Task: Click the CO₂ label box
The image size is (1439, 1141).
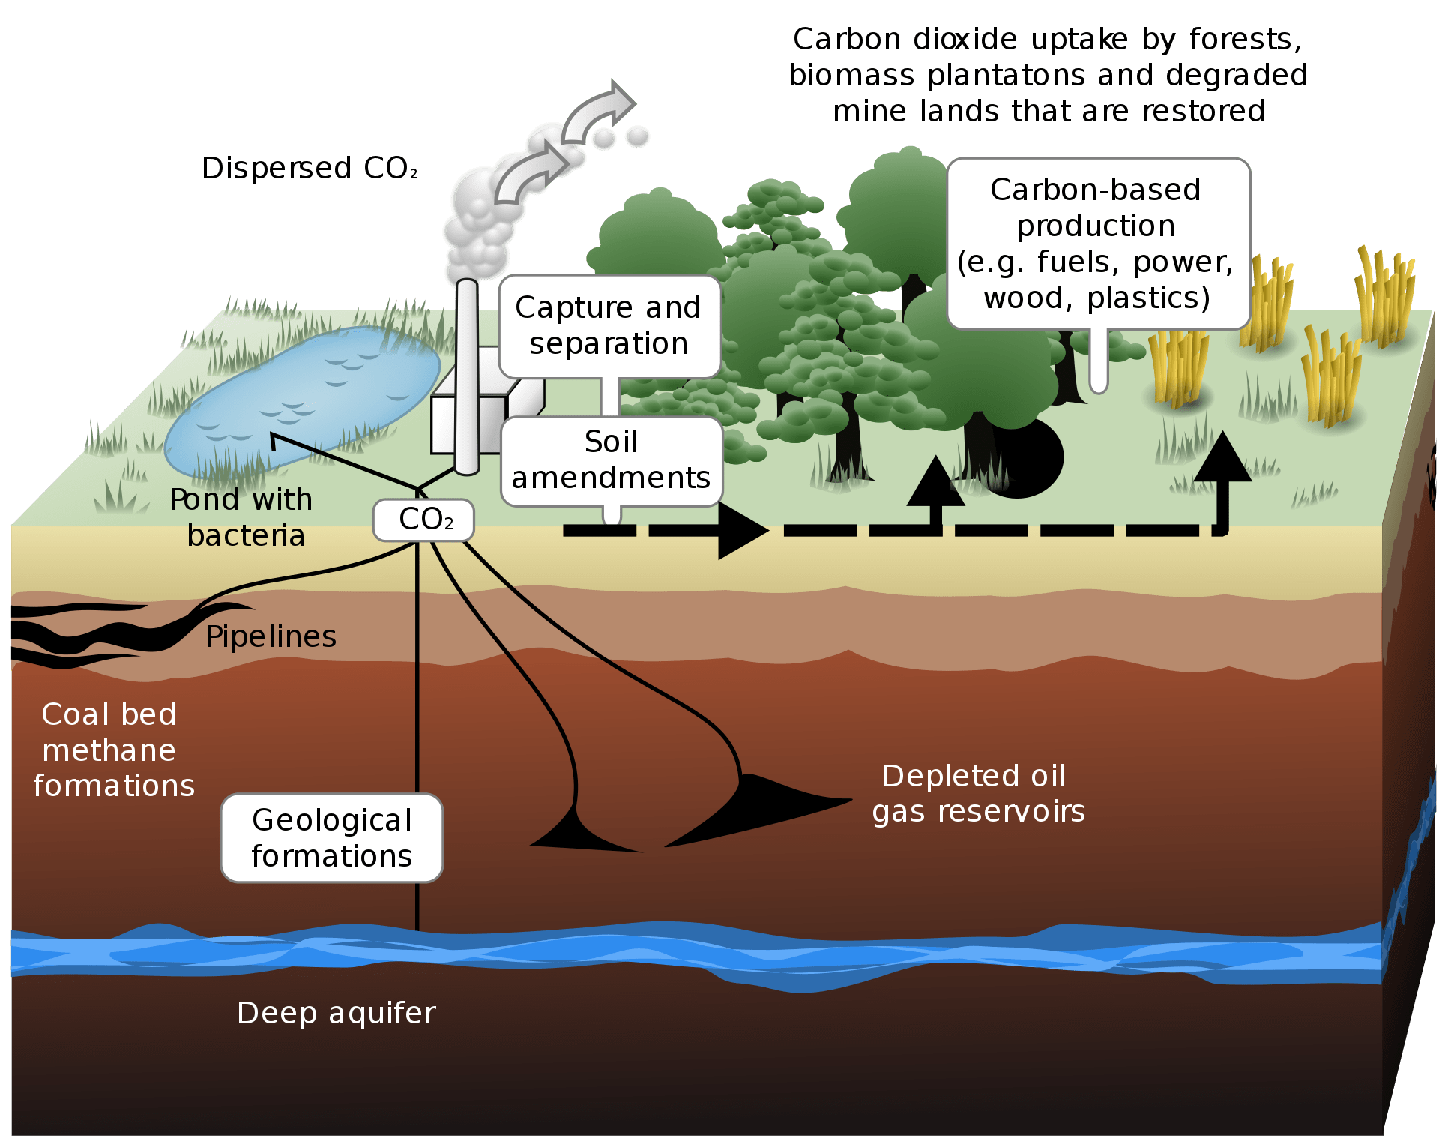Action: click(x=424, y=520)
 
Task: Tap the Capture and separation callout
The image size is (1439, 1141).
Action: click(x=609, y=326)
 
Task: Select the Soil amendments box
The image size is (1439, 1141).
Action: click(x=611, y=460)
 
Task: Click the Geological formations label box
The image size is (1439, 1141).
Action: click(x=332, y=838)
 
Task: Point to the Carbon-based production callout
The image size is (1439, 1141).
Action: click(x=1097, y=244)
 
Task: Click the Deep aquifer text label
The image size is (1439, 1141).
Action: click(x=336, y=1013)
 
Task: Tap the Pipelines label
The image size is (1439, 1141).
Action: click(x=271, y=636)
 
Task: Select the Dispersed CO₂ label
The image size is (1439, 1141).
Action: click(x=309, y=169)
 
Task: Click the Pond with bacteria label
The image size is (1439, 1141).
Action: click(x=241, y=517)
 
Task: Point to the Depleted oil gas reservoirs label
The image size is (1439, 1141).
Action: click(x=977, y=793)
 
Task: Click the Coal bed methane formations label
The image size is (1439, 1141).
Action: click(x=112, y=750)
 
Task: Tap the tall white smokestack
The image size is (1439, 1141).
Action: click(x=467, y=375)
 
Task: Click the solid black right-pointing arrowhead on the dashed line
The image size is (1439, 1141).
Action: click(x=740, y=531)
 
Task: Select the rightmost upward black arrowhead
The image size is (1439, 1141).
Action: click(x=1222, y=459)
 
